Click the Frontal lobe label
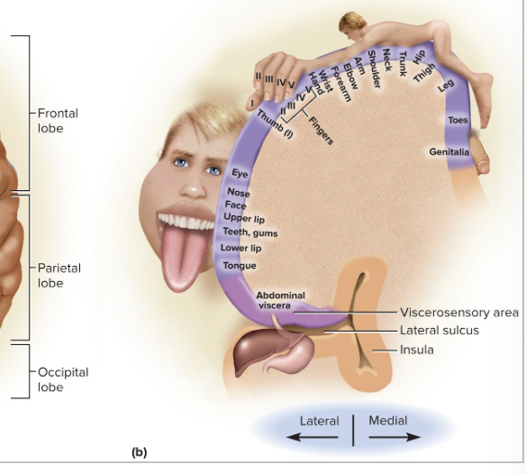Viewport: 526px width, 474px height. pyautogui.click(x=58, y=121)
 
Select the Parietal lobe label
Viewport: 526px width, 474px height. pyautogui.click(x=59, y=276)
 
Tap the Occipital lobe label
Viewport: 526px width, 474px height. pyautogui.click(x=63, y=379)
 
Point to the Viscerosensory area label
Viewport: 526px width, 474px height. pyautogui.click(x=459, y=313)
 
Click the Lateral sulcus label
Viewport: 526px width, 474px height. pyautogui.click(x=440, y=331)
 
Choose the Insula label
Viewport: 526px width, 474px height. pyautogui.click(x=417, y=350)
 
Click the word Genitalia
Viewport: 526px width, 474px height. pyautogui.click(x=449, y=152)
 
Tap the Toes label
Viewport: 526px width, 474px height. pyautogui.click(x=458, y=121)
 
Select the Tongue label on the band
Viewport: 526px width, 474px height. pyautogui.click(x=240, y=266)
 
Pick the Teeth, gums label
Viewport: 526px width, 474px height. pyautogui.click(x=249, y=232)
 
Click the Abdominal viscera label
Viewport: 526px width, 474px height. pyautogui.click(x=280, y=300)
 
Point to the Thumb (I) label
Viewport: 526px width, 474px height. pyautogui.click(x=275, y=123)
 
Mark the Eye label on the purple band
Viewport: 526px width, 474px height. pyautogui.click(x=240, y=173)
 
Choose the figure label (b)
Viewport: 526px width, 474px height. pyautogui.click(x=139, y=452)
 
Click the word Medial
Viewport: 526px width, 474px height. pyautogui.click(x=388, y=420)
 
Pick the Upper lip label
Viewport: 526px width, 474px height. pyautogui.click(x=243, y=219)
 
